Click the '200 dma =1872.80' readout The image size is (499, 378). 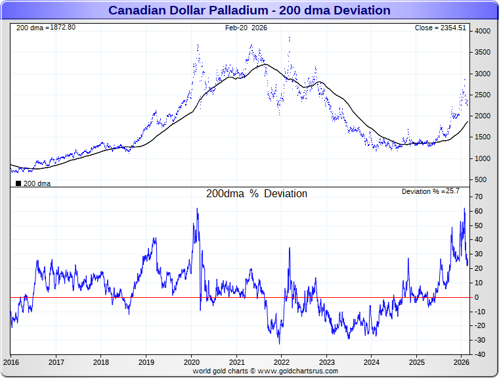pos(45,28)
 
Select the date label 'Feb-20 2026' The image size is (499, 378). pos(246,28)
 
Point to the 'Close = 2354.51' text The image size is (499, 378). pos(440,28)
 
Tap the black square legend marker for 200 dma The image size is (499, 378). pos(18,183)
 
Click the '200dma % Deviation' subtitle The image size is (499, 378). pos(257,194)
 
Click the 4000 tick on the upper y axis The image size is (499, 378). pos(483,32)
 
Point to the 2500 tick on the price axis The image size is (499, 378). pos(483,95)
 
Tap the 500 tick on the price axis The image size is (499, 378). pos(481,179)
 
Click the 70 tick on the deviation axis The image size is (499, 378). pos(479,197)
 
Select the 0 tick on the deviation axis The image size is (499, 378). pos(477,297)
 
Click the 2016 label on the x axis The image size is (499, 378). pos(11,362)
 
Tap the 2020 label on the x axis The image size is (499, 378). pos(191,362)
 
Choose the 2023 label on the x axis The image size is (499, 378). pos(326,362)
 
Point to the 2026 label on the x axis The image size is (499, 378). pos(461,362)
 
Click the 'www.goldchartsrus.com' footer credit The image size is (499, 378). pos(299,371)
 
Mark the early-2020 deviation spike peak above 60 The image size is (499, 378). pos(197,209)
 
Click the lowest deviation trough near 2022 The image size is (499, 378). pos(279,343)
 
